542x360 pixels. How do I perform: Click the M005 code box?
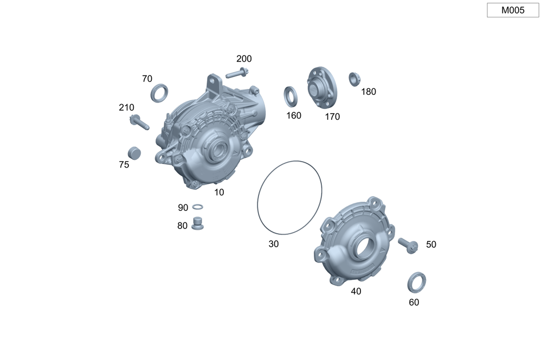513,10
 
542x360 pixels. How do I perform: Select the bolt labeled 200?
237,73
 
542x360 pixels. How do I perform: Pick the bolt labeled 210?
139,121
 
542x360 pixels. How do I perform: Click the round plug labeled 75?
134,153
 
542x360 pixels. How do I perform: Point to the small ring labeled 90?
197,207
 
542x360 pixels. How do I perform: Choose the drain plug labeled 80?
197,223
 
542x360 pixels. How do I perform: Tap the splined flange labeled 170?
322,87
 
